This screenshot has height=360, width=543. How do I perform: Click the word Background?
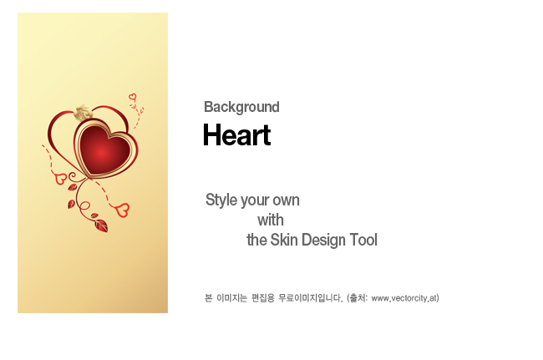(x=241, y=107)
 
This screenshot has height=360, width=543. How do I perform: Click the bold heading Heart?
(x=237, y=134)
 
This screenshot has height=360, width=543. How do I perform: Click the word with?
(x=271, y=221)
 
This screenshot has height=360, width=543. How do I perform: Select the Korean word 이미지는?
(x=231, y=298)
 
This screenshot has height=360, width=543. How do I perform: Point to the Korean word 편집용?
(x=263, y=298)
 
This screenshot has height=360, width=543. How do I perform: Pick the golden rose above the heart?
(x=83, y=113)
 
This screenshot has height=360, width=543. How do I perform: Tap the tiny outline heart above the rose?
(x=132, y=97)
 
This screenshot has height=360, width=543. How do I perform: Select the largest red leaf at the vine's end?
(x=101, y=226)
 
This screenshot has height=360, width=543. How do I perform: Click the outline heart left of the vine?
(x=61, y=179)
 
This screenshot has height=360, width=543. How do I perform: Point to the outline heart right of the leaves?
(x=122, y=210)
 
